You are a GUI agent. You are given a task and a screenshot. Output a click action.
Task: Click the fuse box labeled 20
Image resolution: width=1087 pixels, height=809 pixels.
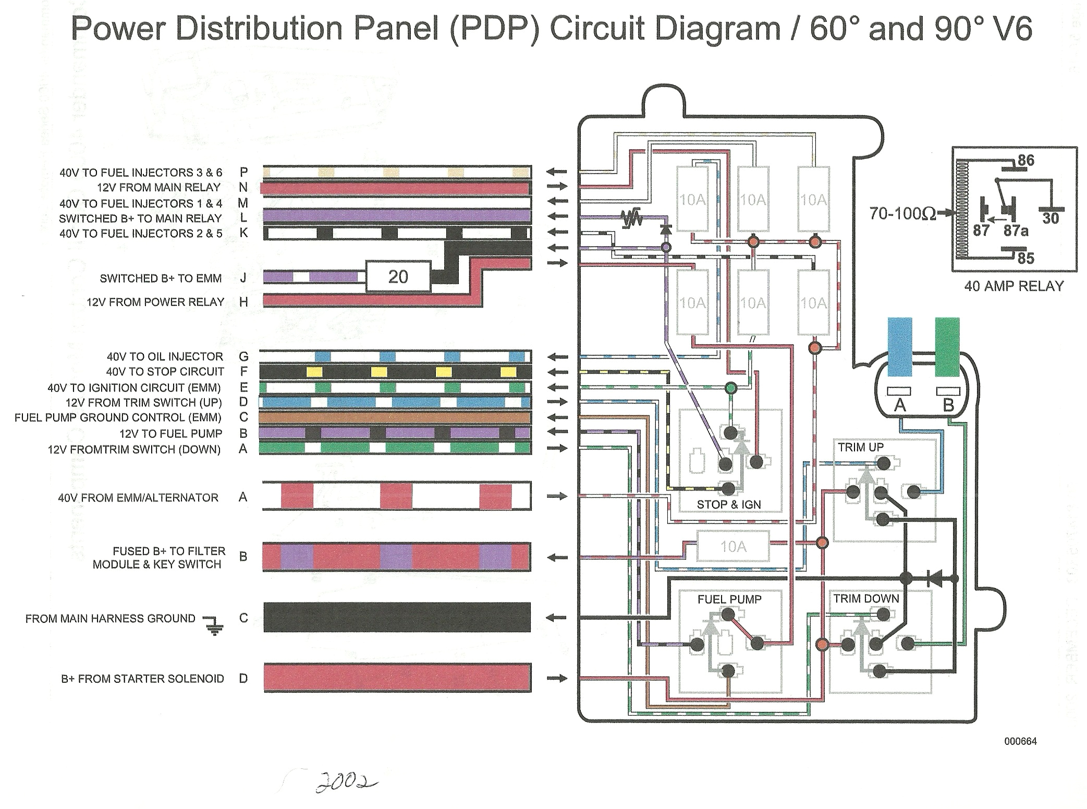click(x=398, y=276)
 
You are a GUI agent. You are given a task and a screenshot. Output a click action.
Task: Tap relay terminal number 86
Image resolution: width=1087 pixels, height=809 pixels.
click(x=1025, y=160)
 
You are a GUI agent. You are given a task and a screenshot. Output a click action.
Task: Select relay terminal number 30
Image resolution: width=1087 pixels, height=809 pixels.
click(x=1051, y=218)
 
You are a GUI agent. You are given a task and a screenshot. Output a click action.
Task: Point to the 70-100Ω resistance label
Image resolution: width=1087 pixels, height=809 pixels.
click(x=902, y=213)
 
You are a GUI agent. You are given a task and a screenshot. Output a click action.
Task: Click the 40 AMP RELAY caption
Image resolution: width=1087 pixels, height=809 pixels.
click(x=1013, y=286)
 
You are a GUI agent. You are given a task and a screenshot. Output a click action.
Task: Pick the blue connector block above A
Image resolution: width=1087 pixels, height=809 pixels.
click(x=899, y=347)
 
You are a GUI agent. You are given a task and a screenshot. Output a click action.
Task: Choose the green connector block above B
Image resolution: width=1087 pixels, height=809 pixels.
click(x=947, y=347)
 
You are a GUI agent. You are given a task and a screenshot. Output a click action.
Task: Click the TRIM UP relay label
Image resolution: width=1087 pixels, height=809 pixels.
click(x=861, y=447)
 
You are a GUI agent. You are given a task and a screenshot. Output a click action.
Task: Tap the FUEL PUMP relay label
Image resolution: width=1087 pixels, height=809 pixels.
click(x=729, y=599)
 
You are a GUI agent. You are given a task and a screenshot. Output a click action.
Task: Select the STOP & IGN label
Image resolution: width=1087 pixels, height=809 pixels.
click(x=728, y=505)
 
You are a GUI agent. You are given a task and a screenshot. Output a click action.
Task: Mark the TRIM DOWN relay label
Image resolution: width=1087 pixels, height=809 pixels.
click(x=865, y=598)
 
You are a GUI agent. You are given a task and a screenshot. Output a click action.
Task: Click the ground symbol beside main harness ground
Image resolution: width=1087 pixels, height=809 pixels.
click(x=213, y=624)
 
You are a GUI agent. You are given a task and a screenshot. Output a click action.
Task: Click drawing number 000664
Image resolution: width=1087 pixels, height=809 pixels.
click(x=1020, y=741)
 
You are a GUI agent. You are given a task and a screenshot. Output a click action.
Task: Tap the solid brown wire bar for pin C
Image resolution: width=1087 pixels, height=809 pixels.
click(x=395, y=418)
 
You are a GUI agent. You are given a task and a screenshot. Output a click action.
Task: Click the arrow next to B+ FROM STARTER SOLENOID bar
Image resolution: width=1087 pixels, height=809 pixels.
click(x=556, y=678)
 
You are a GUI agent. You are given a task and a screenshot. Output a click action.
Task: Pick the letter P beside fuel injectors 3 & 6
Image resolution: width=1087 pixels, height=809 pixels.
click(x=243, y=172)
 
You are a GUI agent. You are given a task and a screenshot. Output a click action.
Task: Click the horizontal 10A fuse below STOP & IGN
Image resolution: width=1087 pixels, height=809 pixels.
click(x=733, y=546)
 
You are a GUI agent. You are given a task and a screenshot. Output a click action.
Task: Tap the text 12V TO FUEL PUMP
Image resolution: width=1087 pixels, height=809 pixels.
click(x=170, y=434)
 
